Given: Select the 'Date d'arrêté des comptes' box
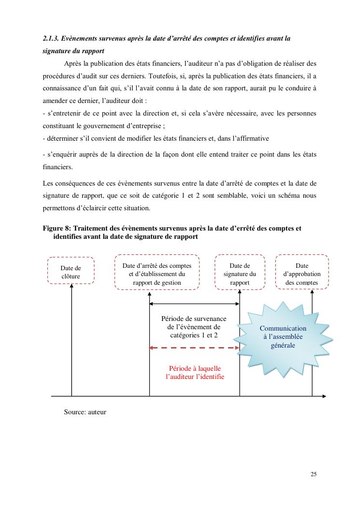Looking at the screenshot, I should point(157,272).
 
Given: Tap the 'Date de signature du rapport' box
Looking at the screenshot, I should point(240,272).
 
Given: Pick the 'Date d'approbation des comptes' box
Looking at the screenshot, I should point(302,272).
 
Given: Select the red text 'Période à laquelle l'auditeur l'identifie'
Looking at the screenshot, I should point(195,372).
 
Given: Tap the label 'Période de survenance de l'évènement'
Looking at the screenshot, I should point(193,327).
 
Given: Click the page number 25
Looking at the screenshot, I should point(314,474).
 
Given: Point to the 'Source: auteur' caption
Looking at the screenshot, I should point(85,412).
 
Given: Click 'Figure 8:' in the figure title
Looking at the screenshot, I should point(56,228).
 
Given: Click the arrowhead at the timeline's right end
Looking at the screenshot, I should point(324,396).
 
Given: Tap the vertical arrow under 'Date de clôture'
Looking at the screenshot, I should point(72,338).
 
